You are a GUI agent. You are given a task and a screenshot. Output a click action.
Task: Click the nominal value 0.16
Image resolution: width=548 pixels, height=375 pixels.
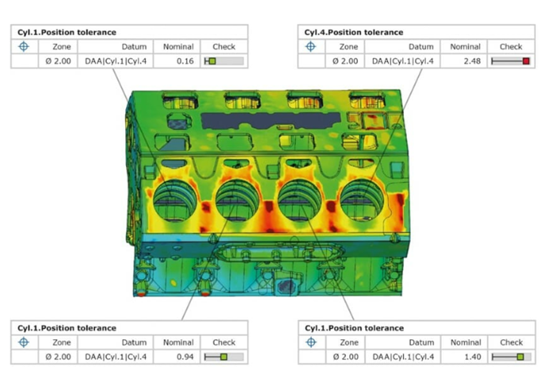click(185, 61)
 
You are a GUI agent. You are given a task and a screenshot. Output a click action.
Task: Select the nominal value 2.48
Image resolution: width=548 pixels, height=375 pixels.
click(472, 61)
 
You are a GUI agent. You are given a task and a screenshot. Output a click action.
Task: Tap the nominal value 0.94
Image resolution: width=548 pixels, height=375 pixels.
click(185, 357)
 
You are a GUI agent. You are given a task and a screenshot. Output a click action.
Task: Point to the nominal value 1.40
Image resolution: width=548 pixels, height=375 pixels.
click(473, 357)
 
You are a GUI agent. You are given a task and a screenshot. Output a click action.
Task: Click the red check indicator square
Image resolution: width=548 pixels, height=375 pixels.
click(526, 61)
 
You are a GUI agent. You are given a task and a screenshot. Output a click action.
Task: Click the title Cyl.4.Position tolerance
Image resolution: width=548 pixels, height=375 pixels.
click(354, 33)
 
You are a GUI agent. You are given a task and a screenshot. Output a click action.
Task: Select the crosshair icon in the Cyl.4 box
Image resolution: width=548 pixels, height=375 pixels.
click(310, 46)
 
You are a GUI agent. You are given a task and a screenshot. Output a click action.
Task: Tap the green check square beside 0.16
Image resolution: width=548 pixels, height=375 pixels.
click(212, 61)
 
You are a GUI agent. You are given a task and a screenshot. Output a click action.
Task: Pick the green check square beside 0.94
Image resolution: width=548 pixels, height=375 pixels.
click(224, 357)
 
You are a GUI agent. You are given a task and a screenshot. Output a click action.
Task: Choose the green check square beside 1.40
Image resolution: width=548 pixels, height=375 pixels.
click(520, 357)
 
